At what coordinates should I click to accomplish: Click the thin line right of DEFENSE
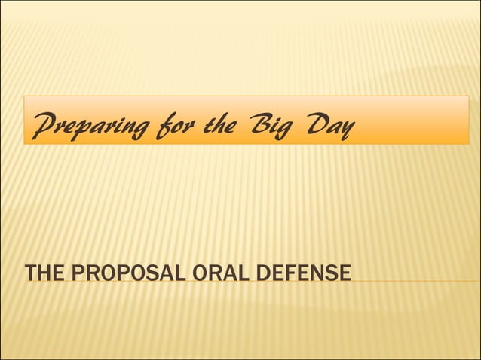[415, 281]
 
